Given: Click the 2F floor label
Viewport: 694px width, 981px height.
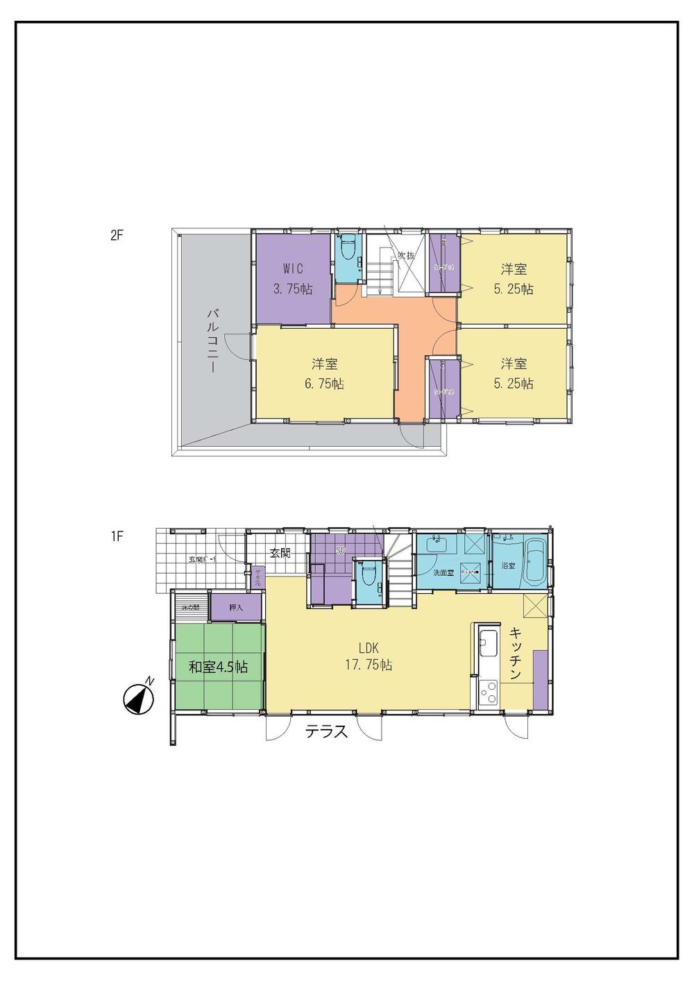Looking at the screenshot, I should pyautogui.click(x=116, y=234).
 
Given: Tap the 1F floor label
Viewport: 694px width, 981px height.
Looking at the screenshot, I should pyautogui.click(x=116, y=536).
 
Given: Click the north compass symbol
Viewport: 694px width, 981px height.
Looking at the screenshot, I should pyautogui.click(x=138, y=699).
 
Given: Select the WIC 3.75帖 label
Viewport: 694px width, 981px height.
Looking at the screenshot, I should pyautogui.click(x=292, y=279).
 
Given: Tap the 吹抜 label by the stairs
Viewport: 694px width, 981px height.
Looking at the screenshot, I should pyautogui.click(x=406, y=256).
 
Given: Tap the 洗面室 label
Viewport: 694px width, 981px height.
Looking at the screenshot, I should pyautogui.click(x=443, y=573).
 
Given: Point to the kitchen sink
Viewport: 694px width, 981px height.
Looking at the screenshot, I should pyautogui.click(x=488, y=644).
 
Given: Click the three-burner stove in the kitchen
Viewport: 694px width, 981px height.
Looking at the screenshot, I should pyautogui.click(x=489, y=692).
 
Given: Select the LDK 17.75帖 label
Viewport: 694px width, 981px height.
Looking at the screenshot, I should pyautogui.click(x=369, y=656).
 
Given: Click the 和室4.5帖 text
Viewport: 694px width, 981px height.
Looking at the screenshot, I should pyautogui.click(x=219, y=667).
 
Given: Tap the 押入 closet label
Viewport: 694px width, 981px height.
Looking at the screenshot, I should pyautogui.click(x=236, y=608).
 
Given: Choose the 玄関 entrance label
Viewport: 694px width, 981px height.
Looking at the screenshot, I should pyautogui.click(x=280, y=553).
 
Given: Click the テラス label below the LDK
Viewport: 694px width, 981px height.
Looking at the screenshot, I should pyautogui.click(x=326, y=731).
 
